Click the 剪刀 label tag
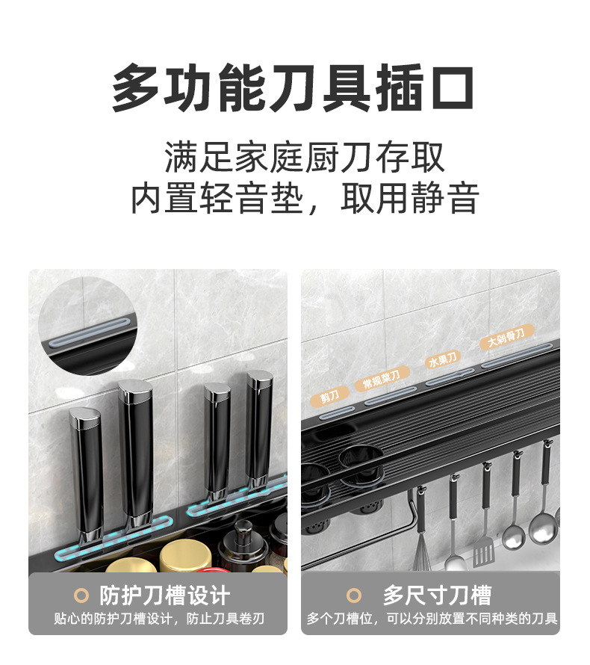click(330, 396)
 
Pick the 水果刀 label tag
click(442, 360)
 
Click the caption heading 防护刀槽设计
click(164, 596)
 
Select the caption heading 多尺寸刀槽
click(437, 596)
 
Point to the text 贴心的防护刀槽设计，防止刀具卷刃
click(158, 619)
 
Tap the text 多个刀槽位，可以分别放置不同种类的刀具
click(431, 619)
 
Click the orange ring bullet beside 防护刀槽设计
click(82, 596)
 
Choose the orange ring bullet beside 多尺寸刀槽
click(355, 596)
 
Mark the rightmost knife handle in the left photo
click(260, 430)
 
